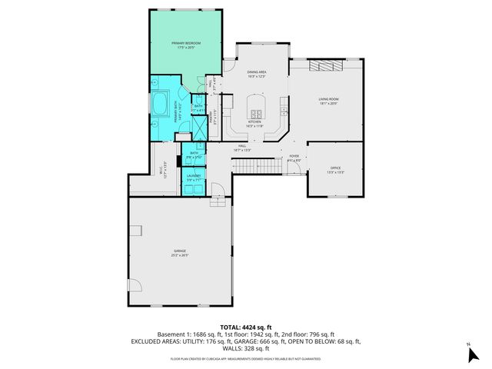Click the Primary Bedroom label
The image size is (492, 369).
click(x=186, y=45)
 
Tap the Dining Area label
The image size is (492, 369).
click(x=256, y=75)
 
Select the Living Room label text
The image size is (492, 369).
click(x=329, y=101)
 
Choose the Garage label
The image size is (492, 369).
click(x=179, y=254)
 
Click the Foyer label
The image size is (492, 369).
click(x=294, y=158)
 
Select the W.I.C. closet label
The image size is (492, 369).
click(x=162, y=173)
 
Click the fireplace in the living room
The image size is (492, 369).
click(x=323, y=67)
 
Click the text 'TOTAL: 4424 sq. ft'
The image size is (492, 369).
click(x=245, y=327)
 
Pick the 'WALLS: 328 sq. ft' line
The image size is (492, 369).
click(x=245, y=349)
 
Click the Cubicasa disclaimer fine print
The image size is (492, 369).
click(x=245, y=357)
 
